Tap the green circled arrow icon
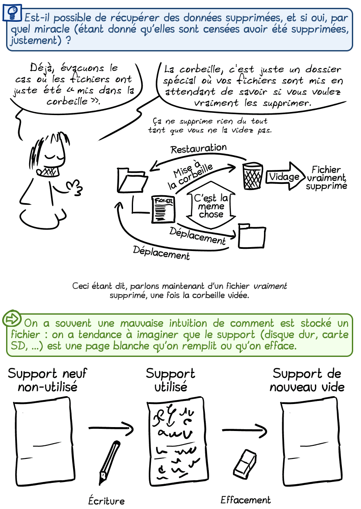point(12,319)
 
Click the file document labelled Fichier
point(163,209)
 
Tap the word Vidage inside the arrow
point(284,176)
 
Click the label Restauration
point(198,149)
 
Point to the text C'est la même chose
point(211,206)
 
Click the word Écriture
point(106,501)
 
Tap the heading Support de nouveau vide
point(307,380)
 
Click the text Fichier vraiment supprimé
point(327,178)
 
